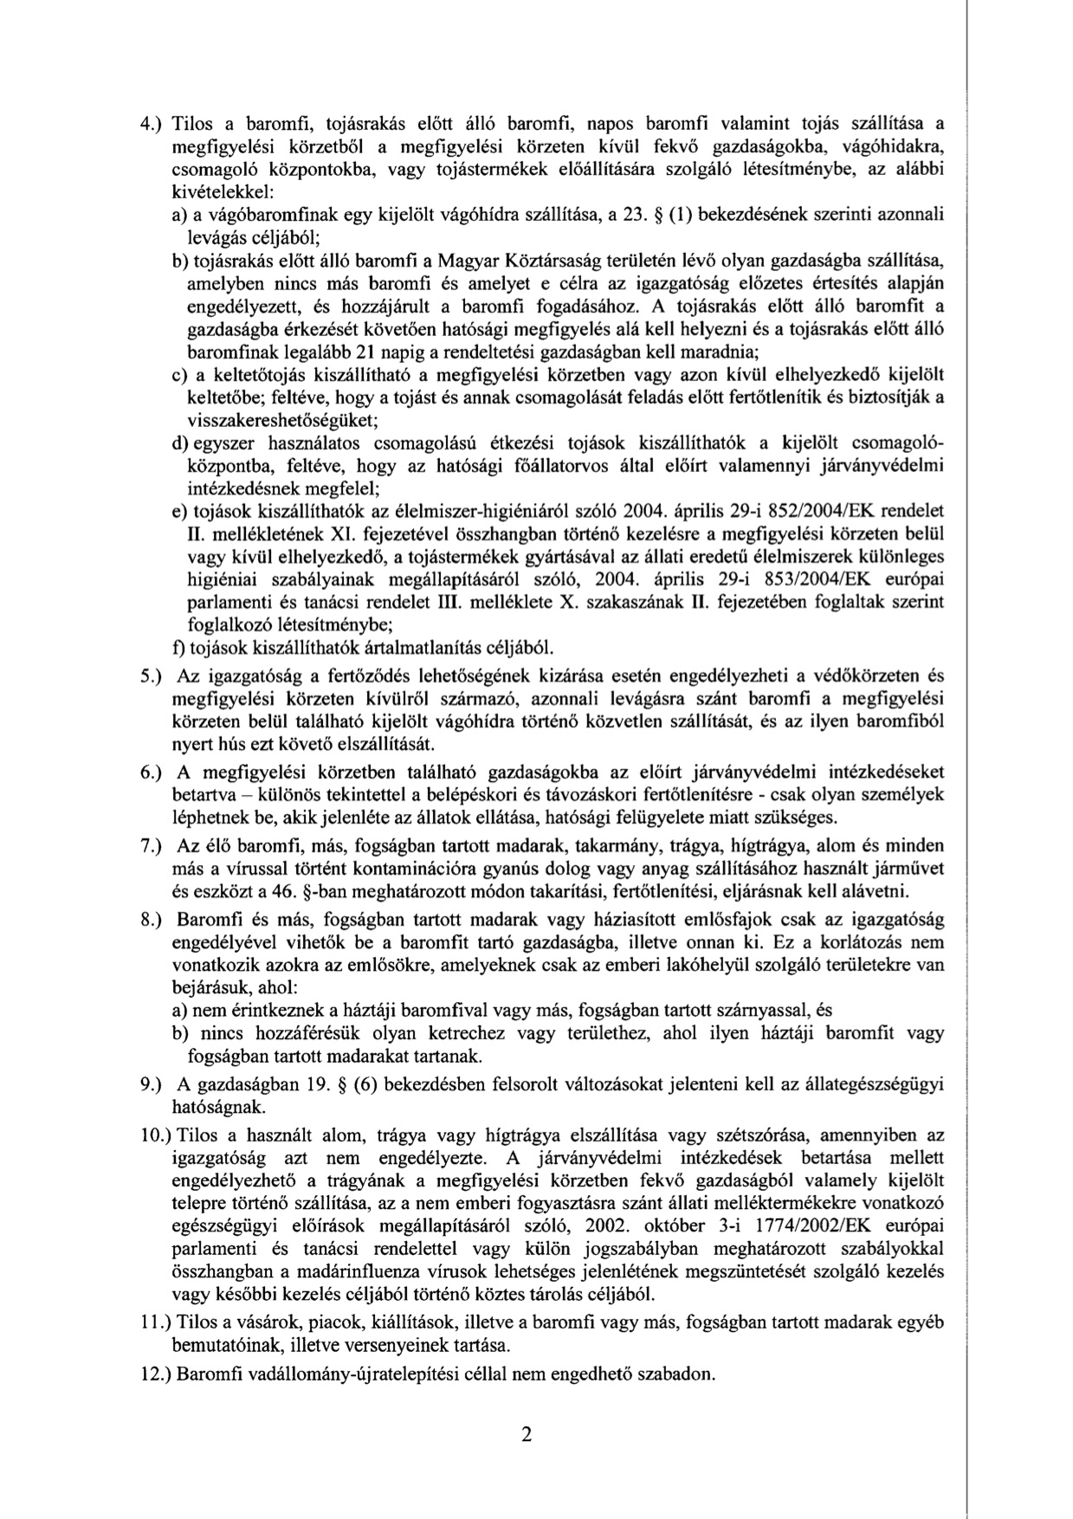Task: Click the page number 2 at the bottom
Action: [x=526, y=1435]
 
